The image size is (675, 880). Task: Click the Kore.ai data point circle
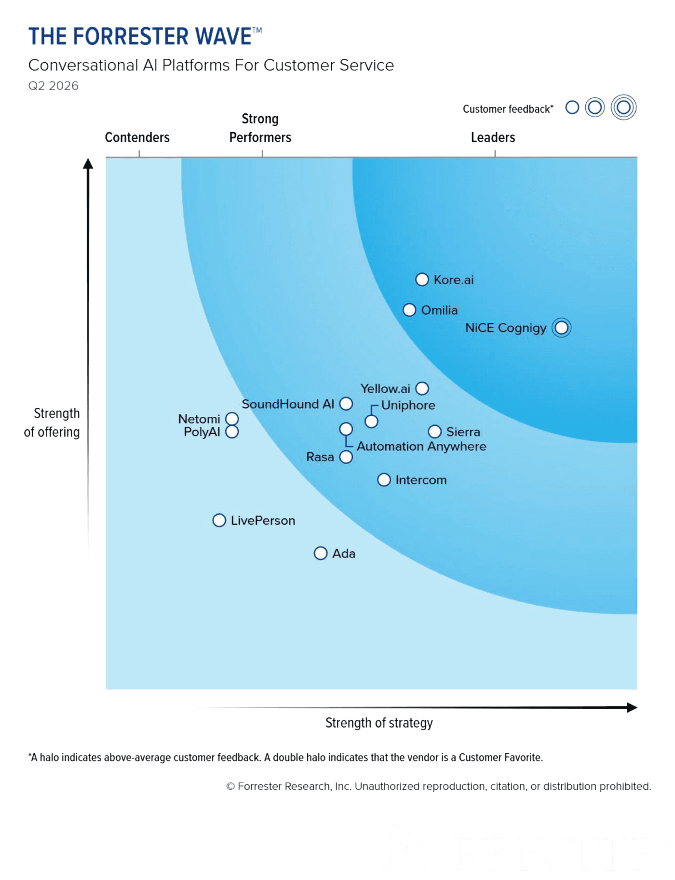pos(422,280)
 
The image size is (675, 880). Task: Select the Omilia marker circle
pos(409,310)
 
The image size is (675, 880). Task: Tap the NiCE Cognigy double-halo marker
pos(561,328)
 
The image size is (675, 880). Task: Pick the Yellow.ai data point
pos(422,388)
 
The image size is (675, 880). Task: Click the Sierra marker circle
pos(435,431)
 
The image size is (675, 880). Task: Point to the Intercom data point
pos(384,480)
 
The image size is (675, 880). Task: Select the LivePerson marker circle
pos(219,520)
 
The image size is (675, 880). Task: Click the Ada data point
pos(321,553)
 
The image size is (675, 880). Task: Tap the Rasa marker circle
pos(346,457)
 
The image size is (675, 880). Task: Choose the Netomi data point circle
pos(232,419)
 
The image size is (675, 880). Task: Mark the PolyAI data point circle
pos(232,432)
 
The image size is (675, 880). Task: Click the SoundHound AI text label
pos(288,404)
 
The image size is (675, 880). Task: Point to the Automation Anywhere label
pos(421,446)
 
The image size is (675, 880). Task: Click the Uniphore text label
pos(408,405)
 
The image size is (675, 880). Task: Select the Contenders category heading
pos(137,137)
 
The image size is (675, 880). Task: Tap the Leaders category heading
pos(493,137)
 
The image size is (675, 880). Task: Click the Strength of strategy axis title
pos(379,723)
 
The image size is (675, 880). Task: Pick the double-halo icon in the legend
pos(623,107)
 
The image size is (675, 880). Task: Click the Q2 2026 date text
pos(54,86)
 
